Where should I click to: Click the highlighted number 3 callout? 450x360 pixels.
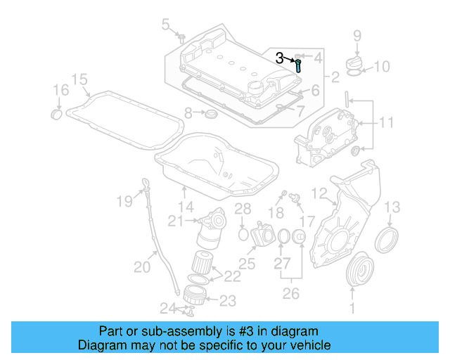(x=280, y=59)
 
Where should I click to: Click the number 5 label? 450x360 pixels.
(x=166, y=26)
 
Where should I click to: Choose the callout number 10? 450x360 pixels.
(x=381, y=67)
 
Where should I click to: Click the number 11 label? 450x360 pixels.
(x=387, y=123)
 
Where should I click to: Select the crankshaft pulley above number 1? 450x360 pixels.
(x=363, y=269)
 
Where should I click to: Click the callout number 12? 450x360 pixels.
(x=319, y=193)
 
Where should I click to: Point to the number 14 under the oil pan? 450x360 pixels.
(x=185, y=207)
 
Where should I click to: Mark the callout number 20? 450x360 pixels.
(x=142, y=266)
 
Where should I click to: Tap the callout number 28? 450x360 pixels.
(x=243, y=208)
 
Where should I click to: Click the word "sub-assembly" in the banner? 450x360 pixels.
(x=171, y=330)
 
